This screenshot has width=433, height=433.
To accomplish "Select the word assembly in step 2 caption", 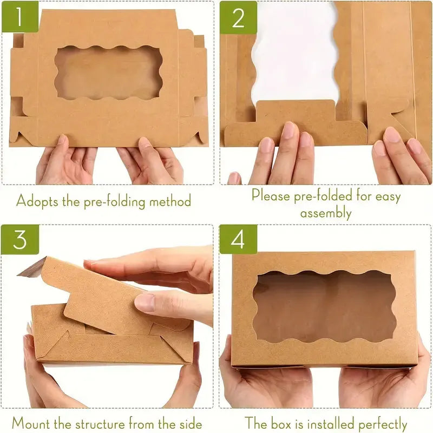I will pos(326,213).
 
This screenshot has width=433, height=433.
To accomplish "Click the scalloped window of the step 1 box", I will pos(108,73).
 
